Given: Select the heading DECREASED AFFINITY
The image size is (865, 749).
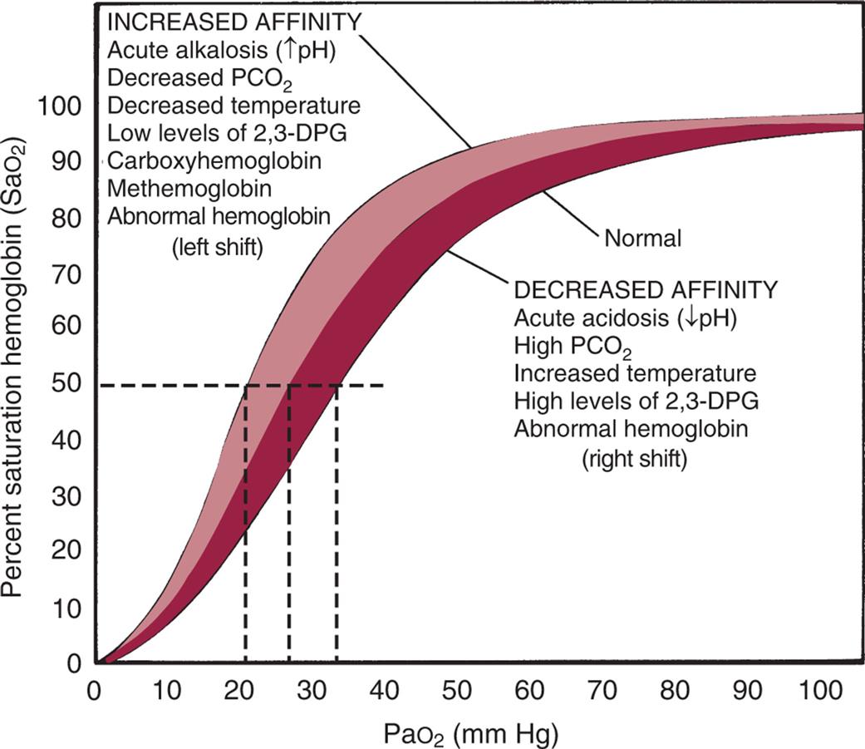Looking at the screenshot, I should coord(646,289).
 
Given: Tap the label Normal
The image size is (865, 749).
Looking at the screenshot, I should coord(642,239).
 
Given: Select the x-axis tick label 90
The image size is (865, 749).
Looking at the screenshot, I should coord(753,690).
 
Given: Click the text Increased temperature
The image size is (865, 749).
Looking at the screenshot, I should coord(635,373).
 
